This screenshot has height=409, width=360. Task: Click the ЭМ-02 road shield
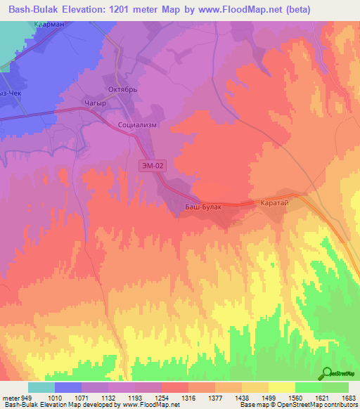(153, 164)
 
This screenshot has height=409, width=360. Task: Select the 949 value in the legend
(26, 398)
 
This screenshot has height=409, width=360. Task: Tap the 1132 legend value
(108, 398)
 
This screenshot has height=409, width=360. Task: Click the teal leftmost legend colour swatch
(41, 387)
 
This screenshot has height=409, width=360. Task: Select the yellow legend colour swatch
(281, 387)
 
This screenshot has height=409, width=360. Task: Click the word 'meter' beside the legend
(10, 398)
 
